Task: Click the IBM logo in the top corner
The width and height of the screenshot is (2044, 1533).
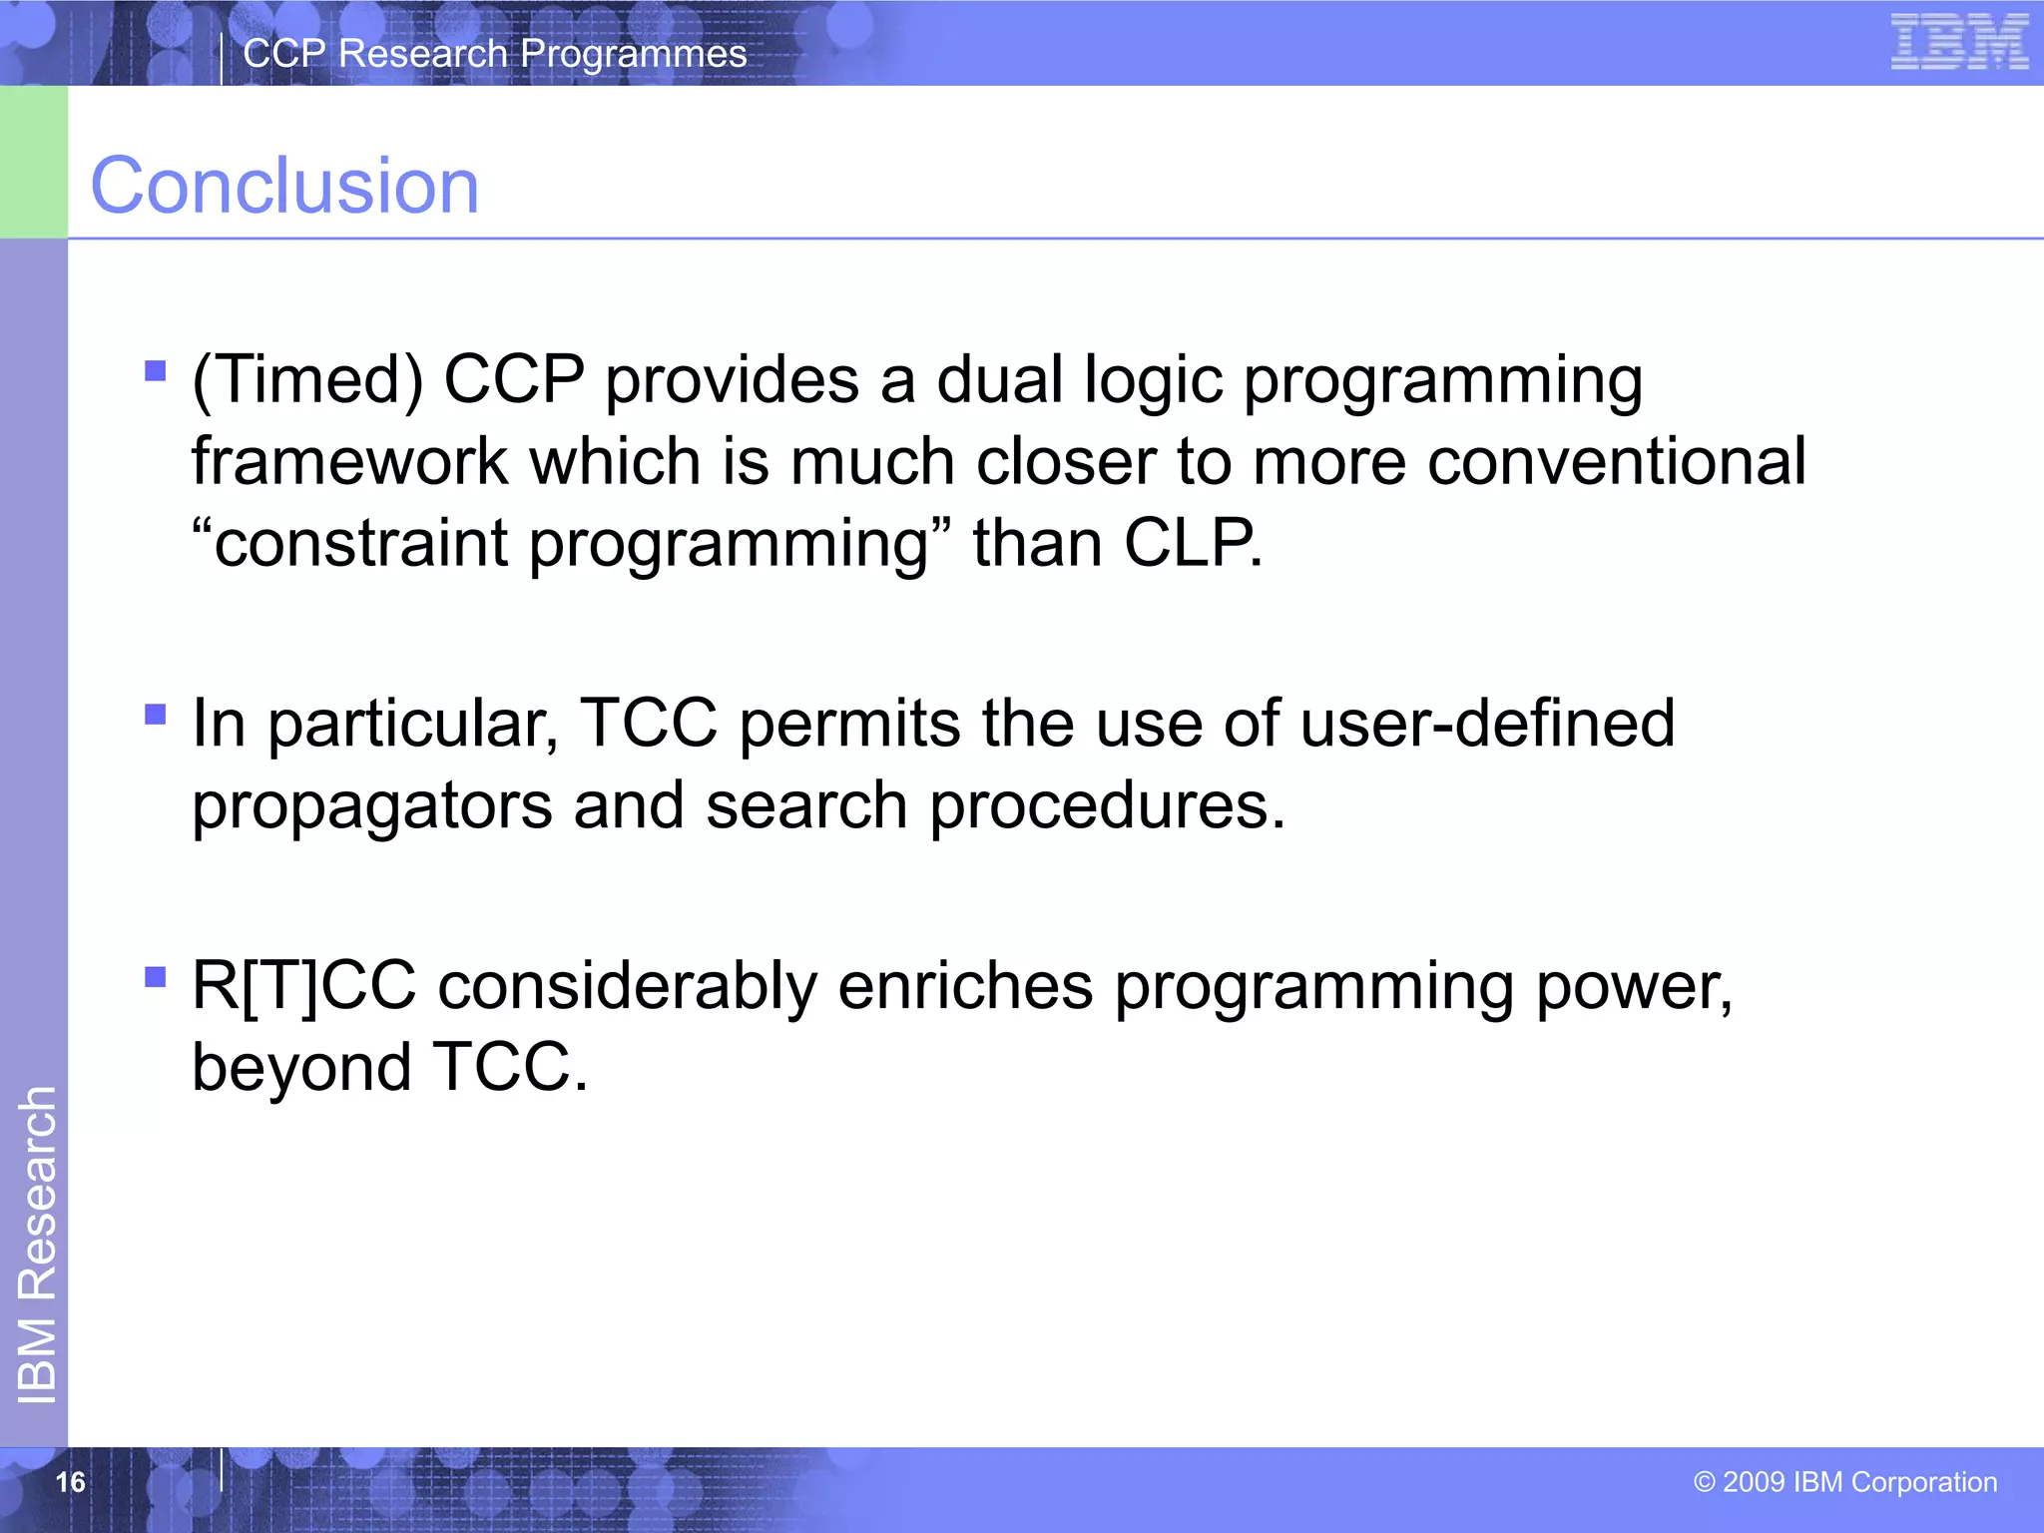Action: [x=1958, y=42]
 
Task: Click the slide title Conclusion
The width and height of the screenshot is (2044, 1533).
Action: [x=284, y=186]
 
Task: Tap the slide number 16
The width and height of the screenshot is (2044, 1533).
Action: [x=70, y=1482]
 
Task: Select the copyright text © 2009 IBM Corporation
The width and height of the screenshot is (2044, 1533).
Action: [x=1845, y=1482]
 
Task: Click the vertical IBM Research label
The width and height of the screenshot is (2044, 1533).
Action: [x=37, y=1245]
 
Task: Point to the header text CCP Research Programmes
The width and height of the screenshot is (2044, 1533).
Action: [x=494, y=54]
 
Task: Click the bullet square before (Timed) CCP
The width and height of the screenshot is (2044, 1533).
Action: [x=155, y=371]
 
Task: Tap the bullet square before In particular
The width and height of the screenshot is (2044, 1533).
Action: [x=155, y=714]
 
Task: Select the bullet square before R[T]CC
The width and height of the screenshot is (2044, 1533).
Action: [x=155, y=976]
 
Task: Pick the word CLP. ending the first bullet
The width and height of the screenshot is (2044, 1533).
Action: [x=1193, y=544]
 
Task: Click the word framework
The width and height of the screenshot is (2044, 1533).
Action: [x=349, y=462]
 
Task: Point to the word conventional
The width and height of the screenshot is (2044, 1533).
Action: [x=1616, y=462]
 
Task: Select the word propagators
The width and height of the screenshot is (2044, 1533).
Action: [x=371, y=806]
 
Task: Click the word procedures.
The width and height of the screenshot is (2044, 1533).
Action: [x=1107, y=806]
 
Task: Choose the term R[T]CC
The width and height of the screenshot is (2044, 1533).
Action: [x=303, y=986]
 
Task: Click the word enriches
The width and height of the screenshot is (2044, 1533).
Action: [x=965, y=986]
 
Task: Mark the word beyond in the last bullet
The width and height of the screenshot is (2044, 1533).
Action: [x=301, y=1068]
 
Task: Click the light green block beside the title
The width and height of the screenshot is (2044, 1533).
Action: [x=33, y=162]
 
